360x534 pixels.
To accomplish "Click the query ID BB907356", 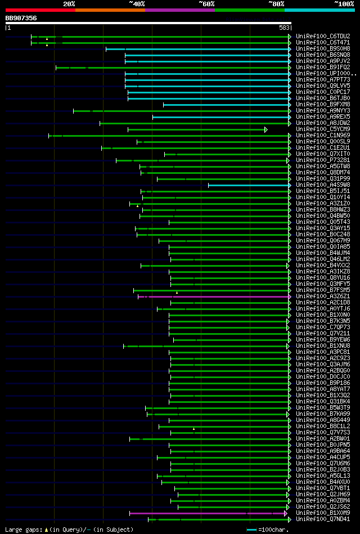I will (21, 18).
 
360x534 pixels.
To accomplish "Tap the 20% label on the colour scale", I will (69, 3).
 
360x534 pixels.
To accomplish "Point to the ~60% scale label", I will (206, 3).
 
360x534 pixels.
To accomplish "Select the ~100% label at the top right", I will (344, 3).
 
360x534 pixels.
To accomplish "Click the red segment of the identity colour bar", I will (40, 10).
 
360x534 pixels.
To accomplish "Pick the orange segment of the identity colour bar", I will (110, 10).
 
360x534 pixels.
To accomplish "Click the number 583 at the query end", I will (284, 28).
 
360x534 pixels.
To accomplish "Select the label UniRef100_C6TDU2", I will (323, 36).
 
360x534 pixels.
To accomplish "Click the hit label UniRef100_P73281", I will (323, 160).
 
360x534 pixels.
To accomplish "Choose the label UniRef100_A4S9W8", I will (323, 185).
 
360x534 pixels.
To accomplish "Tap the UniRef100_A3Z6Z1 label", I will (323, 296).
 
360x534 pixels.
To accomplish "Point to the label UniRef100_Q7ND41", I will (323, 519).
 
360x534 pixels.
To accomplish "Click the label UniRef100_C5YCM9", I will (323, 129).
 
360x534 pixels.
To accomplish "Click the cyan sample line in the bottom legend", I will (251, 530).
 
